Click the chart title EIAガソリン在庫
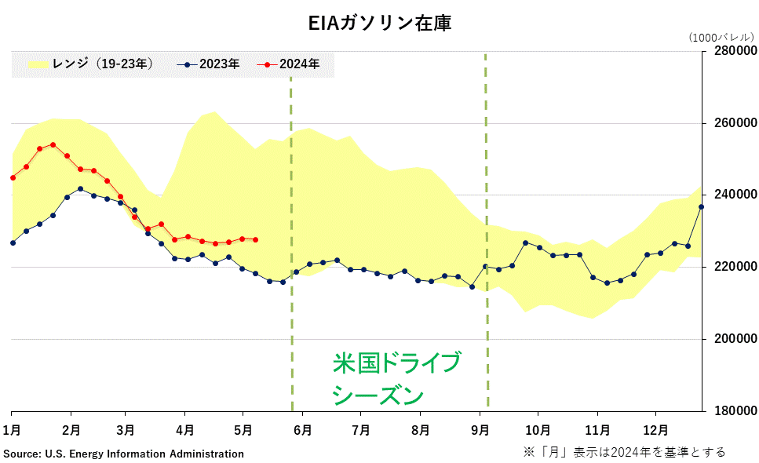(x=379, y=24)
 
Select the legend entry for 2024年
(x=291, y=64)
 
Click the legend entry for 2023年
(x=209, y=64)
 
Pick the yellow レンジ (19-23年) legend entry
(x=90, y=64)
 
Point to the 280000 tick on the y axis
(x=734, y=51)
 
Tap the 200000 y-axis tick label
(x=734, y=339)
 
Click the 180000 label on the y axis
(x=734, y=411)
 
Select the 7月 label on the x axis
(x=361, y=430)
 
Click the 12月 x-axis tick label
(x=656, y=430)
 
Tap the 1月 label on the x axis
(x=12, y=430)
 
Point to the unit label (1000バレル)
(x=721, y=37)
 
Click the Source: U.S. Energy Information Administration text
(x=124, y=454)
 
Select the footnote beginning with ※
(x=624, y=452)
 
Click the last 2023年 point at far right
(x=701, y=206)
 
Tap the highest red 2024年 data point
(x=53, y=144)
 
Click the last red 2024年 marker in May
(x=255, y=239)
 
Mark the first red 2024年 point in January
(x=13, y=177)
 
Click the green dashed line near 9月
(x=486, y=235)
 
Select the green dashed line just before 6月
(x=291, y=235)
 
